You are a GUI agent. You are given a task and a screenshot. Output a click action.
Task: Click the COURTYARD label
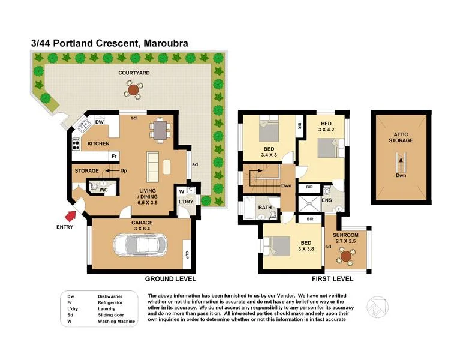[x=133, y=73]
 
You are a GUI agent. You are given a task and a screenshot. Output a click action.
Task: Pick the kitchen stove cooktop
[x=76, y=145]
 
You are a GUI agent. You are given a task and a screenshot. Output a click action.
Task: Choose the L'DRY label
[x=185, y=202]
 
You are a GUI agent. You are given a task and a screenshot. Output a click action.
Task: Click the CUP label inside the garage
[x=188, y=256]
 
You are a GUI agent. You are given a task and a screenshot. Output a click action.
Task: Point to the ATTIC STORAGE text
[x=401, y=137]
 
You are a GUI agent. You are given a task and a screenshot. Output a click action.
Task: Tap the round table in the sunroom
[x=346, y=256]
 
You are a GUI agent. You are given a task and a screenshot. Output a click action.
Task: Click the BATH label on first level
[x=264, y=208]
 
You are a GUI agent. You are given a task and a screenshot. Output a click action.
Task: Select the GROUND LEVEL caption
[x=170, y=279]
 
